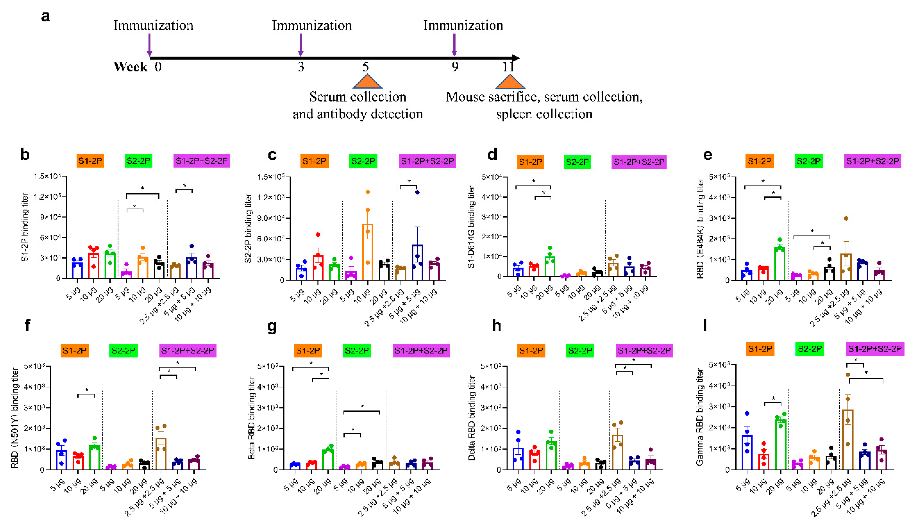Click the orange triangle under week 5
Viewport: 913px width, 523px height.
[x=367, y=82]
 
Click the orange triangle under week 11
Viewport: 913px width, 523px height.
[x=510, y=82]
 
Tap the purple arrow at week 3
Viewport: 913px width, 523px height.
[x=300, y=45]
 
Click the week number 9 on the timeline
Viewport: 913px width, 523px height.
[x=455, y=67]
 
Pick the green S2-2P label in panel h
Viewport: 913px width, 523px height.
[x=580, y=350]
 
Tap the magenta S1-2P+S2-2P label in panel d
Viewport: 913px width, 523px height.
[x=639, y=162]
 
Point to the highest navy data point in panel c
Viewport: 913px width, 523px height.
[x=417, y=192]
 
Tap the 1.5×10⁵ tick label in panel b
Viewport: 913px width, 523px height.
[x=47, y=176]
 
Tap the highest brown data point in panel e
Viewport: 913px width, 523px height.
[x=846, y=218]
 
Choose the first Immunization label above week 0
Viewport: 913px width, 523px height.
[x=153, y=25]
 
